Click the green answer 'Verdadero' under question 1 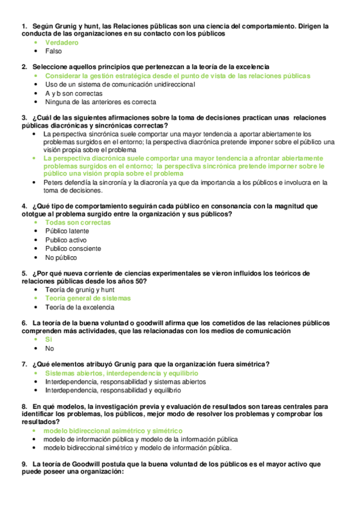coord(62,43)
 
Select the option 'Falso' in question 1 coord(53,52)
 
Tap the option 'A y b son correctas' coord(73,93)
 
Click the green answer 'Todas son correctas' coord(78,223)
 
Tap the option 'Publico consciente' coord(73,248)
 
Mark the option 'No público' coord(61,257)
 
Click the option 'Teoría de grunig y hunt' coord(79,289)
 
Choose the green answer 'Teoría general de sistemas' coord(88,298)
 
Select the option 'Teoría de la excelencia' coord(79,307)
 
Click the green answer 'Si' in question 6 coord(49,339)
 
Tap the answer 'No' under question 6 coord(49,348)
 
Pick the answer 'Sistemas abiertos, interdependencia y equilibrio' coord(121,373)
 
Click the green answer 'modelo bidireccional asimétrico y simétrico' coord(113,431)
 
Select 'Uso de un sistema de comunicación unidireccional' coord(120,85)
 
